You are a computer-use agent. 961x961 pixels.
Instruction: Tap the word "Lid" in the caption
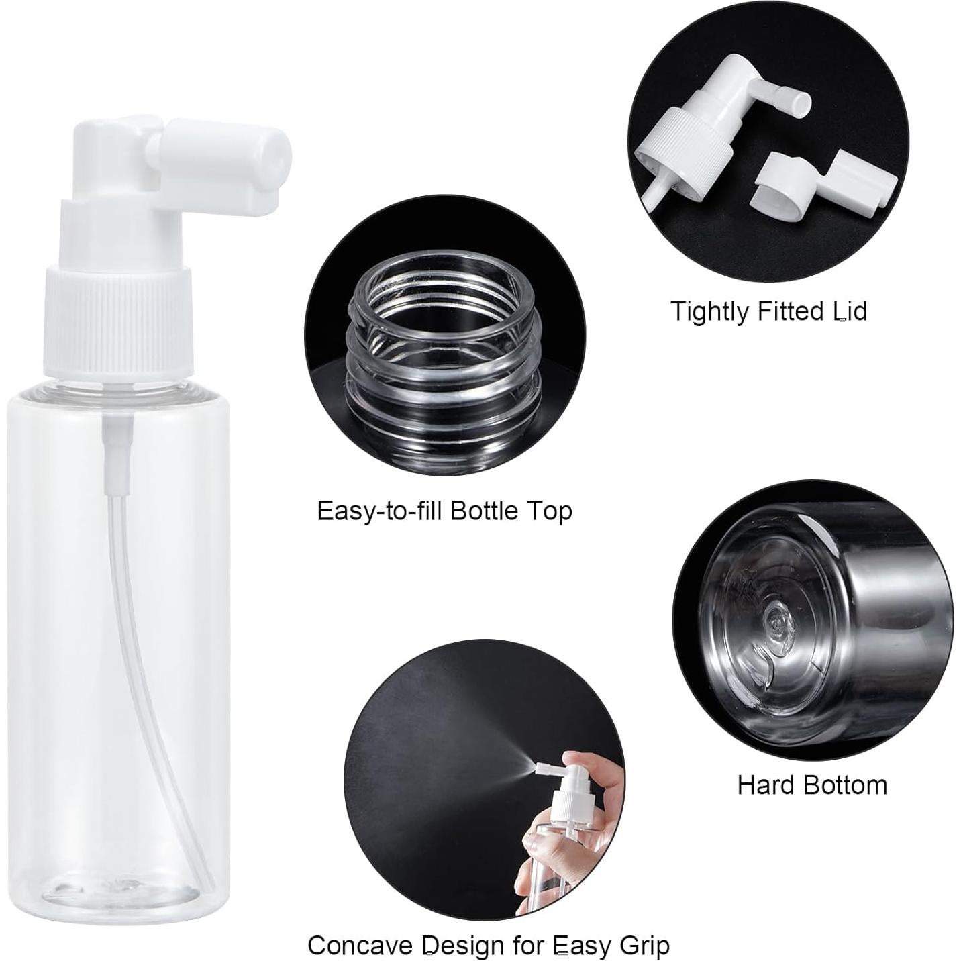point(850,312)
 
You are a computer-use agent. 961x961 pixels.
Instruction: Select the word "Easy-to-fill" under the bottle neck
point(379,511)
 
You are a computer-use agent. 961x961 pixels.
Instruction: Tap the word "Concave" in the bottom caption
point(360,946)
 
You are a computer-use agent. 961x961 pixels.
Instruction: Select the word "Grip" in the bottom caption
point(642,946)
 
